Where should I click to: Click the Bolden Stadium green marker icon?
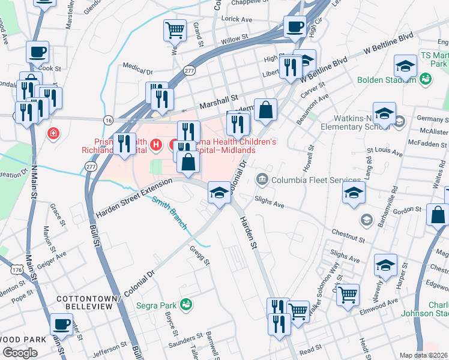point(426,79)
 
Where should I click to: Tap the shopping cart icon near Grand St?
point(174,29)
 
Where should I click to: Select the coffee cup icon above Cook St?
point(37,52)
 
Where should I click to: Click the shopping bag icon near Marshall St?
point(265,110)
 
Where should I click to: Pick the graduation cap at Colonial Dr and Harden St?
point(218,193)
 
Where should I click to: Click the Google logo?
point(20,353)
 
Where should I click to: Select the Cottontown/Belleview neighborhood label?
point(85,302)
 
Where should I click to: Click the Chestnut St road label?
point(348,235)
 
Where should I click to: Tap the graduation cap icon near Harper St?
point(385,265)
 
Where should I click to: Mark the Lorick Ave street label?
point(237,19)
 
